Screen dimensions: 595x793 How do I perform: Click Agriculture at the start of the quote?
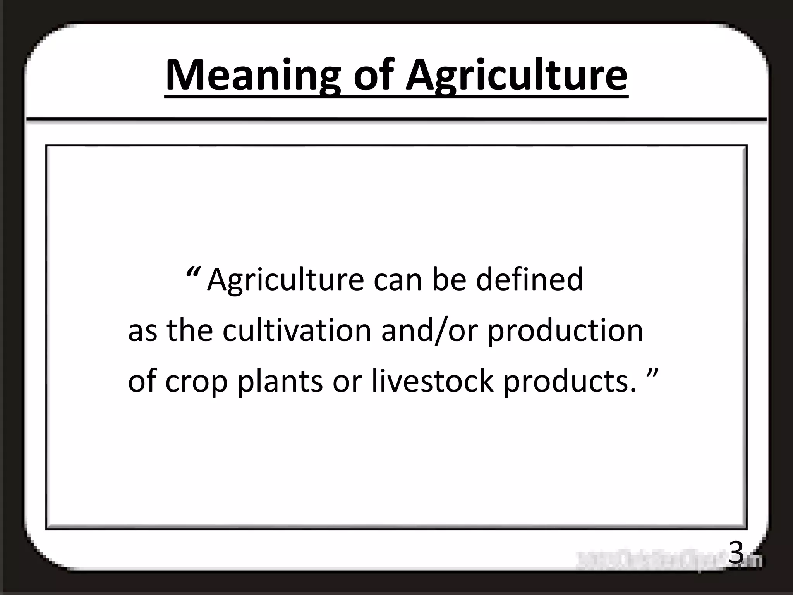(286, 280)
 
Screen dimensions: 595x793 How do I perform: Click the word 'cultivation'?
(297, 331)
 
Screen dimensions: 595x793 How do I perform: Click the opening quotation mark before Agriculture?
(192, 271)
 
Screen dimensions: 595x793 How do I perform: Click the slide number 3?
(736, 553)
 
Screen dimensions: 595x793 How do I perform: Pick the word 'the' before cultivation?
(190, 331)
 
